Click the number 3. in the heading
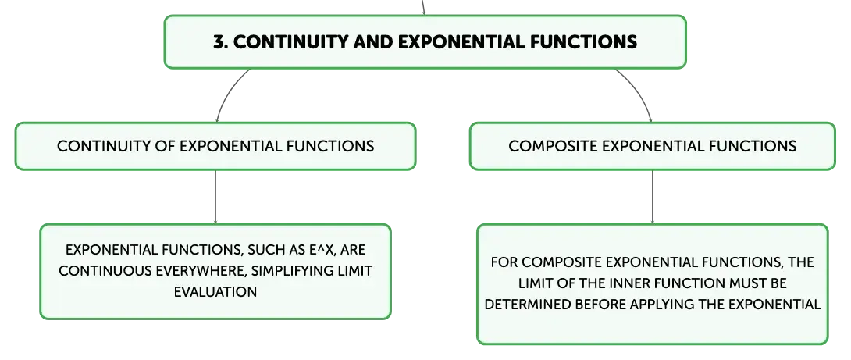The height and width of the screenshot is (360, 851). click(x=220, y=42)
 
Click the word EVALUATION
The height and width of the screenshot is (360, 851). click(x=215, y=291)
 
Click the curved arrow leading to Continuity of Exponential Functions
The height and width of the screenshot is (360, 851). click(x=228, y=92)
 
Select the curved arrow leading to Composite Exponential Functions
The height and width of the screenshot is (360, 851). click(x=639, y=92)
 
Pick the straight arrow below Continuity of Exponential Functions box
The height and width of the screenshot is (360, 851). click(x=215, y=197)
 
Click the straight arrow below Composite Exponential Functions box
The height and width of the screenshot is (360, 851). click(x=653, y=197)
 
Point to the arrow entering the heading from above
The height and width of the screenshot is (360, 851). click(x=423, y=8)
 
